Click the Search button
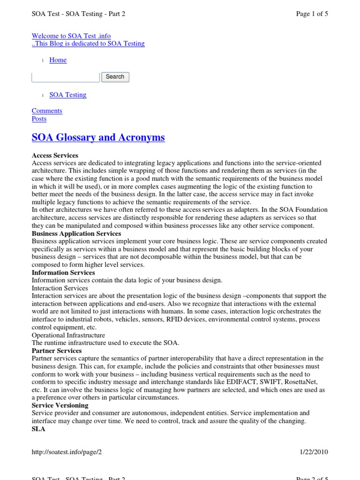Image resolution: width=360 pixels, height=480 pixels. (115, 77)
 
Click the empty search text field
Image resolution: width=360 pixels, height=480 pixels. (65, 77)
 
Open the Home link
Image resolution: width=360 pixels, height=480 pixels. (58, 60)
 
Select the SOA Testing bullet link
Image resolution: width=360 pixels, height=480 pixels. (68, 95)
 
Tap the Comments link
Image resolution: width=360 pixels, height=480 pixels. (47, 111)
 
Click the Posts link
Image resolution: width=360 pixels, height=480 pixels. (39, 119)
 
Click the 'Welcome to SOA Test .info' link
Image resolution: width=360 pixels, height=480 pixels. (71, 36)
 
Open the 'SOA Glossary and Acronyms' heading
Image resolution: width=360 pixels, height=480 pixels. (98, 137)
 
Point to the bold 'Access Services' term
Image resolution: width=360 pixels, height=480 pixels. (55, 155)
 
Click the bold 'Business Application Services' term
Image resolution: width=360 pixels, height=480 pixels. (76, 233)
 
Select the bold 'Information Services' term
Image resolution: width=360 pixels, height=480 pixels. (63, 272)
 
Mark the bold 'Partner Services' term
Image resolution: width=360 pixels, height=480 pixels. (57, 351)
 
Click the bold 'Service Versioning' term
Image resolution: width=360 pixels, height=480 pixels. (60, 405)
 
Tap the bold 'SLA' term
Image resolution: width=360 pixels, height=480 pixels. (38, 429)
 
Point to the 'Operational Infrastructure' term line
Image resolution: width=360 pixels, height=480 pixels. (68, 335)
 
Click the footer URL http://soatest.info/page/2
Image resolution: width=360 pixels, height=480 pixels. (67, 452)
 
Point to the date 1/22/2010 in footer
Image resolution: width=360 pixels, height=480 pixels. (314, 452)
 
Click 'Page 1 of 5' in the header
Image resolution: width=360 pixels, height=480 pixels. (312, 14)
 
